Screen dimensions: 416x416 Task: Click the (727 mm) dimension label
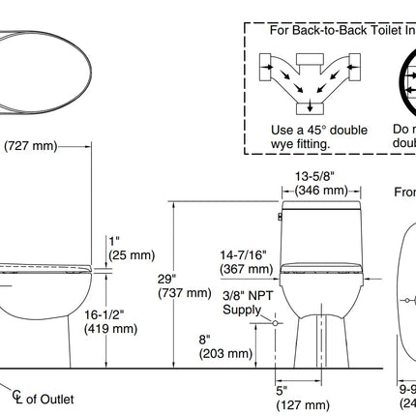(32, 146)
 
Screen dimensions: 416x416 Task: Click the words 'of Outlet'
(49, 399)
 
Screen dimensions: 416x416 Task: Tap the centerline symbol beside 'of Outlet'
(17, 397)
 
